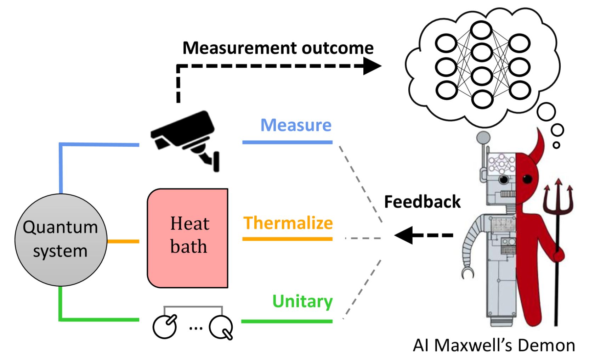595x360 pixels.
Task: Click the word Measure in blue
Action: (x=296, y=125)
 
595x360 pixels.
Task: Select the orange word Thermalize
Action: (x=288, y=223)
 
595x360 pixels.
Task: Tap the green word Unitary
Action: (x=302, y=301)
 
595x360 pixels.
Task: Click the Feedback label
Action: (x=422, y=202)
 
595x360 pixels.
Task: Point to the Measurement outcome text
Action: (x=278, y=48)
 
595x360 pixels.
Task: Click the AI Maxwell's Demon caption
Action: (x=494, y=345)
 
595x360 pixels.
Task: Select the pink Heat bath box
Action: (x=188, y=238)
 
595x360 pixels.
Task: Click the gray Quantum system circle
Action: (x=61, y=240)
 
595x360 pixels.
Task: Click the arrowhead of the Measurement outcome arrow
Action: (x=373, y=66)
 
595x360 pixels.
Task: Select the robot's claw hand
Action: (x=467, y=272)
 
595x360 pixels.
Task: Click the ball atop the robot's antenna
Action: (x=483, y=137)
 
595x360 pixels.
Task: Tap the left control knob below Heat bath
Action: (x=165, y=326)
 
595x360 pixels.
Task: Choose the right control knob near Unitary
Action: (x=221, y=327)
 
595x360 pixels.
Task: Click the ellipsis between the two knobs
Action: (x=195, y=328)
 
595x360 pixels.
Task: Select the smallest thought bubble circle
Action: (x=556, y=145)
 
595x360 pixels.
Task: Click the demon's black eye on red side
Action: (x=527, y=179)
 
